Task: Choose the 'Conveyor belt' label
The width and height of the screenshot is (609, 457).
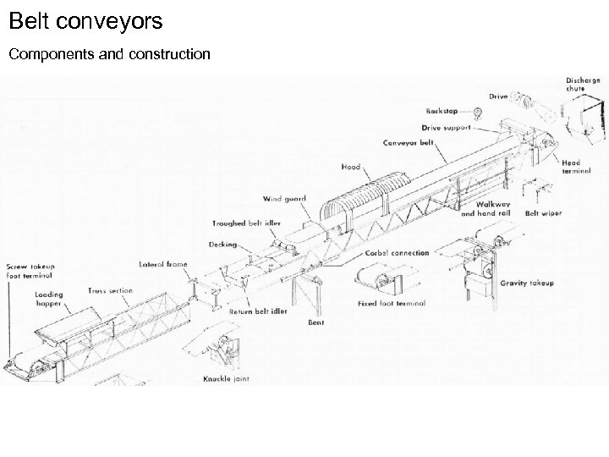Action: point(408,142)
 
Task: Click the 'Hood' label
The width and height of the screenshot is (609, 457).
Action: point(351,167)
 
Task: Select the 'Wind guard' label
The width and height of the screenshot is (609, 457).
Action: point(283,199)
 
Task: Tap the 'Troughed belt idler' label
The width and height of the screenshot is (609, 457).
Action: point(246,224)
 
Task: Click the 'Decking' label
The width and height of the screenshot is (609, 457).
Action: point(223,245)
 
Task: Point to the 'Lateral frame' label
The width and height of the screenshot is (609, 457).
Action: point(164,264)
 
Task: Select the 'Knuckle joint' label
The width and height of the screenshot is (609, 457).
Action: point(226,378)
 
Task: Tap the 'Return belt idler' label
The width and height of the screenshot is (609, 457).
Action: point(258,311)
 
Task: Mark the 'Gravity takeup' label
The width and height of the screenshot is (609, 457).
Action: point(526,283)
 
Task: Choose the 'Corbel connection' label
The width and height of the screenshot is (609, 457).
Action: point(397,253)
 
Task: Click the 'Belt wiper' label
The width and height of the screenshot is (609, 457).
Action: point(543,213)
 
